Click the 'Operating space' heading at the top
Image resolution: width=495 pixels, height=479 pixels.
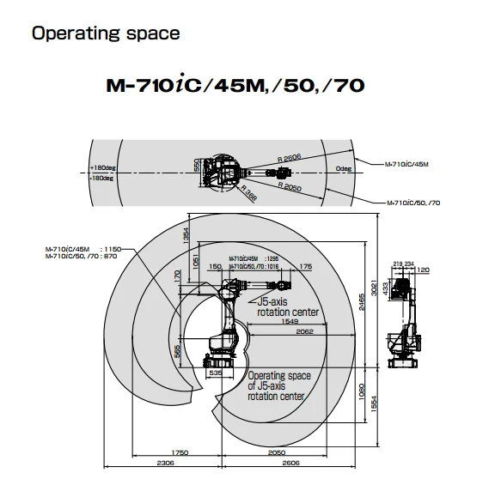coord(106,34)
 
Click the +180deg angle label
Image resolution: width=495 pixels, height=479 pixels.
coord(101,167)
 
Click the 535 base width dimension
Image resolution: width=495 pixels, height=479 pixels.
coord(216,375)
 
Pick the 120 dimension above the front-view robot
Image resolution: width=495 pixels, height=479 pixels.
coord(424,270)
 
